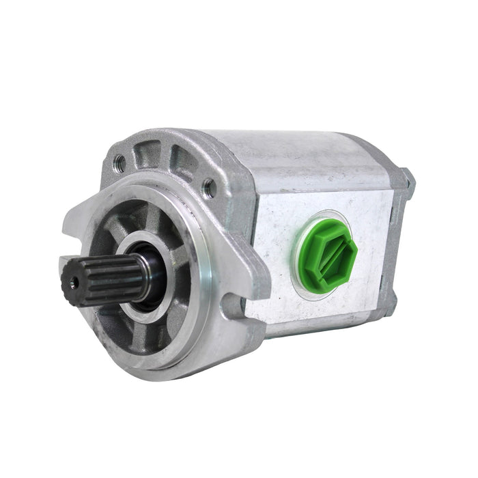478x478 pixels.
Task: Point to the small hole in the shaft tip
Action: coord(71,282)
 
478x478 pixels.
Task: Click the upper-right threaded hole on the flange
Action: coord(208,184)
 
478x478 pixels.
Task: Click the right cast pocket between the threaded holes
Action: coord(182,164)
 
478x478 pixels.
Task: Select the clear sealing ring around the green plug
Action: coord(300,273)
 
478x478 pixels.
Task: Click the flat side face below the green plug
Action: coord(321,307)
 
